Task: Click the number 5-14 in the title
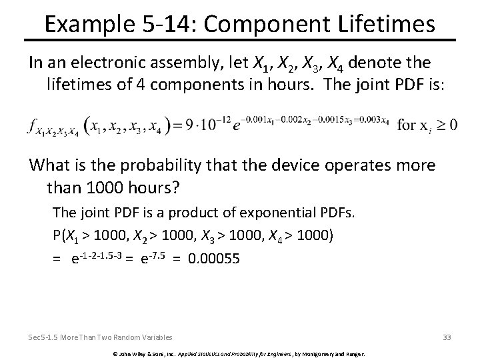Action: [176, 24]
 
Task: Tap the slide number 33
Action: [446, 337]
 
